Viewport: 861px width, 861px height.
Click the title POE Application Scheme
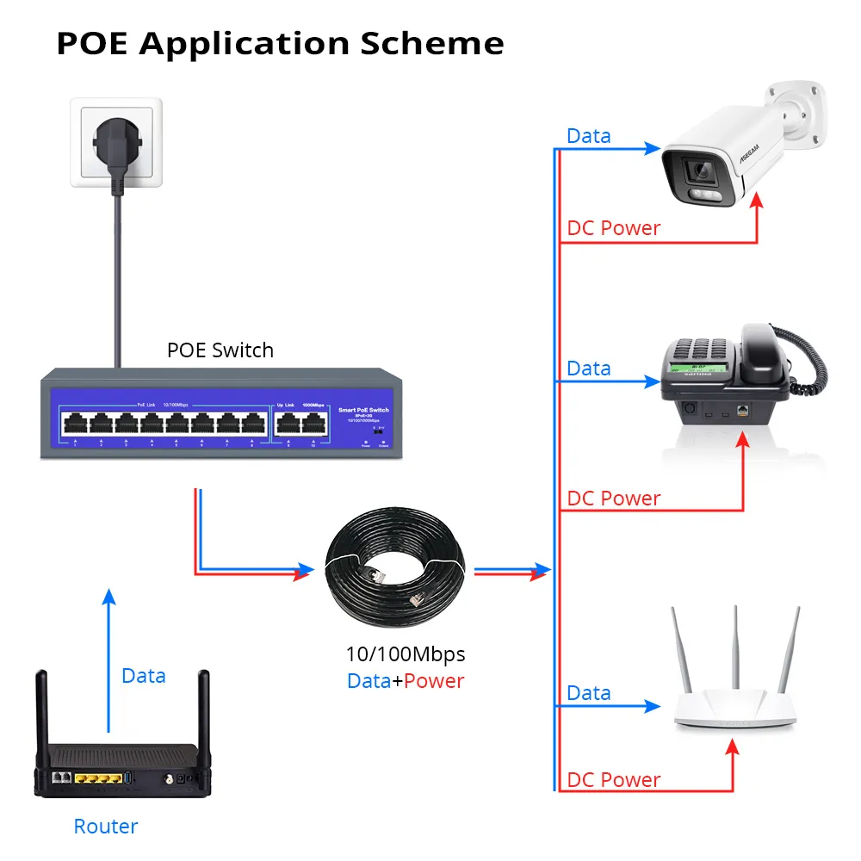click(x=280, y=43)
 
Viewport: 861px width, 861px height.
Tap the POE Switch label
click(x=220, y=350)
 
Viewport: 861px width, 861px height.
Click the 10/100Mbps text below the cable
click(x=405, y=653)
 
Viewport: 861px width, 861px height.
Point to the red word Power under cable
click(x=434, y=681)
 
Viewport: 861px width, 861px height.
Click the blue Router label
click(x=106, y=827)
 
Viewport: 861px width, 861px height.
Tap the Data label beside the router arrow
click(x=143, y=676)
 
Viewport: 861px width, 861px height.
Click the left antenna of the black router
click(x=41, y=710)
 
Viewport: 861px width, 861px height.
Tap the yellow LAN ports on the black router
click(x=96, y=778)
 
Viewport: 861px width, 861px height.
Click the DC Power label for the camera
click(x=613, y=228)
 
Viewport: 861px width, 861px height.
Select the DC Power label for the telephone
click(x=613, y=499)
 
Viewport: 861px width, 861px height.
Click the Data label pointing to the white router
click(x=589, y=693)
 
